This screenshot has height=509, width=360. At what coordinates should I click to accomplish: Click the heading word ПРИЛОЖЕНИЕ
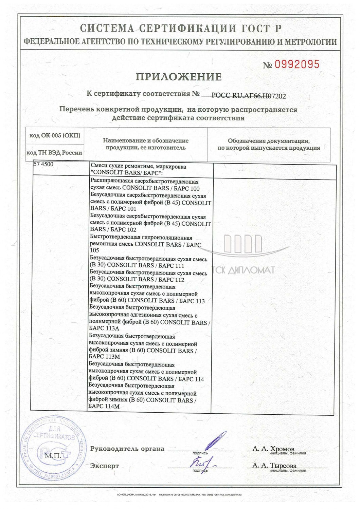click(179, 77)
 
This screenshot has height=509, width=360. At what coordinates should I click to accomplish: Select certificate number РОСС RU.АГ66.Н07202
click(249, 96)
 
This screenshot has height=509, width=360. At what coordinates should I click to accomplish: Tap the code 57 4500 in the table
click(43, 165)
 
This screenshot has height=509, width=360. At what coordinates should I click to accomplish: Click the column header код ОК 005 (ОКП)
click(55, 135)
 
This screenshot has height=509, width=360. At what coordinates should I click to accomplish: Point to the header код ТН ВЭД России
click(54, 153)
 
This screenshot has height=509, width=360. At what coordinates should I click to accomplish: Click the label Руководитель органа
click(127, 449)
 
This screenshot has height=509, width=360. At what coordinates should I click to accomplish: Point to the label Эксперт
click(105, 466)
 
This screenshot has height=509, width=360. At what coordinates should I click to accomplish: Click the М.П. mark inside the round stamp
click(53, 456)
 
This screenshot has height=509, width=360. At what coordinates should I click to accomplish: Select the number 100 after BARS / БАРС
click(194, 189)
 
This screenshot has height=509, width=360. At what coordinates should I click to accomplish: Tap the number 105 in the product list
click(95, 250)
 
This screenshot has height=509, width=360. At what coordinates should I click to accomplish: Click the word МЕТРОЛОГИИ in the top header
click(310, 42)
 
